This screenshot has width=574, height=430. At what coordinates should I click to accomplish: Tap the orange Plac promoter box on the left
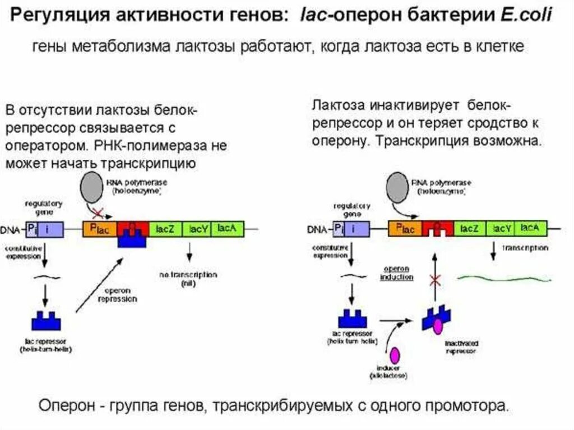100,229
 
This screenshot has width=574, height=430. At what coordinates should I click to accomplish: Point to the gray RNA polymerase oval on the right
399,186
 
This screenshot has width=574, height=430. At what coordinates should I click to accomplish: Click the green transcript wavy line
504,277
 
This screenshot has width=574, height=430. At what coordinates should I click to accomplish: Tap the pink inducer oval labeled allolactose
395,355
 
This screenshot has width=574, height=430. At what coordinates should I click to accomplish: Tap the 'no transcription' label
188,279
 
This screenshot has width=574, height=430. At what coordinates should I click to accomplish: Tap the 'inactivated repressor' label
461,347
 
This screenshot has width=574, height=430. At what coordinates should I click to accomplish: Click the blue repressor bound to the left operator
132,239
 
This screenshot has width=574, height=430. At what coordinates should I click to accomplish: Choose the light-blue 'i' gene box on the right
359,228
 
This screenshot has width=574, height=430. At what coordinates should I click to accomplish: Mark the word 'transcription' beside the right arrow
525,247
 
